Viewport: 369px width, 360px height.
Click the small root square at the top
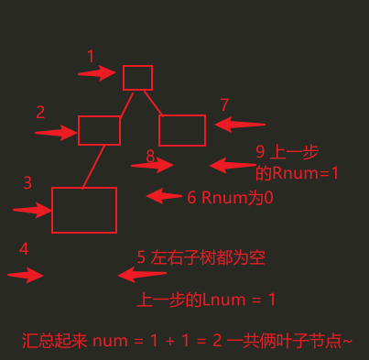(137, 77)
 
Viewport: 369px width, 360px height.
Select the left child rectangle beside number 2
(99, 130)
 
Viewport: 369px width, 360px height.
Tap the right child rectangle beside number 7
(182, 130)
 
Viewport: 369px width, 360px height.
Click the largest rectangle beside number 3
(83, 210)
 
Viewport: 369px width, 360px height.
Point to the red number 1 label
(91, 57)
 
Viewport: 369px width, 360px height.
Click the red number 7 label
(224, 104)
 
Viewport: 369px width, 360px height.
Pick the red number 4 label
(24, 249)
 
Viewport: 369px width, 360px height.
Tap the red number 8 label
(150, 157)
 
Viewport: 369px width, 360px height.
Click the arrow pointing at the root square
(96, 73)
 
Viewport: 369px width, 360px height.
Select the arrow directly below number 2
(55, 134)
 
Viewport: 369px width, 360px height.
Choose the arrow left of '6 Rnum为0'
(165, 195)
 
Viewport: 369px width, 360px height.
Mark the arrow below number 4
(26, 275)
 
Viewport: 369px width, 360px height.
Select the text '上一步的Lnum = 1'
(207, 300)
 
